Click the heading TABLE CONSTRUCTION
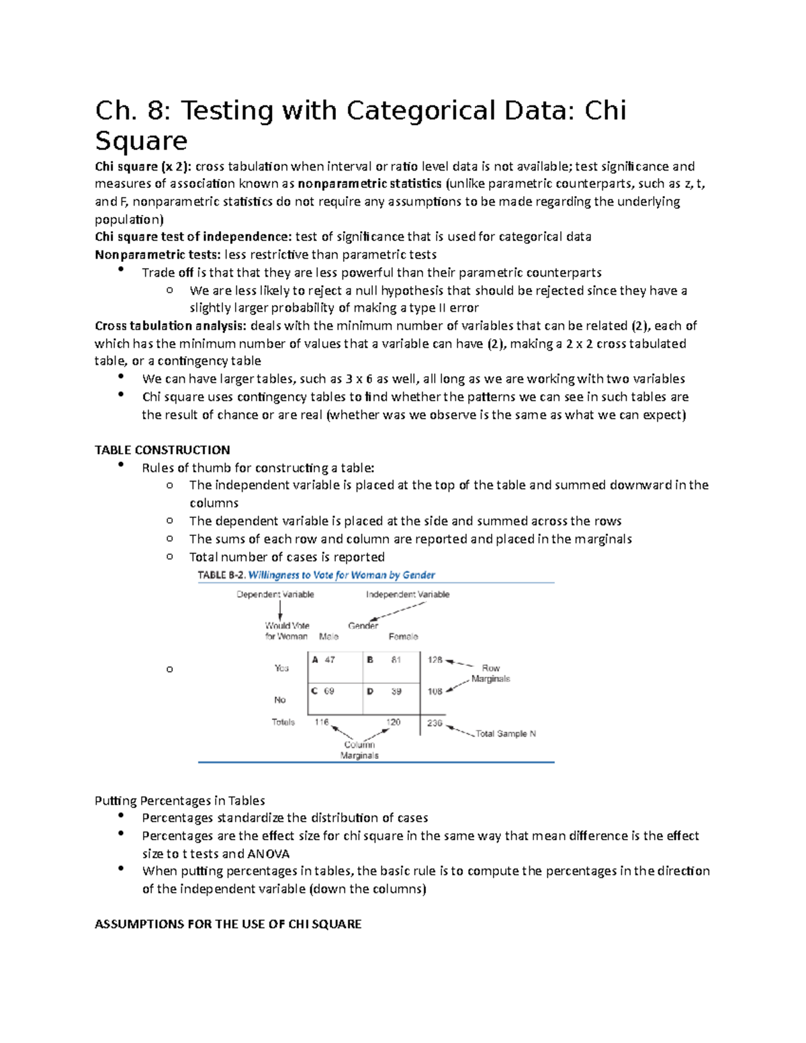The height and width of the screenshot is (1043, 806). tap(162, 450)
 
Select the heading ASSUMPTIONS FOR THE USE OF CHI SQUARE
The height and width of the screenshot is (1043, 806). tap(228, 924)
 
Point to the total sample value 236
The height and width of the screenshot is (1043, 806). tap(435, 723)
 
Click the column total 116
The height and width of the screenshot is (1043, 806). tap(322, 722)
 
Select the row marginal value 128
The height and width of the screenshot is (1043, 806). tap(435, 660)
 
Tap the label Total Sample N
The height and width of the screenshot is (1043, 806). tap(505, 734)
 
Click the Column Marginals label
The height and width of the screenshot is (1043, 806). tap(359, 750)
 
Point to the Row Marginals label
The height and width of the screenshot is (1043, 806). tap(490, 674)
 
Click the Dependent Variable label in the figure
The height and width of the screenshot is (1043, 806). tap(275, 594)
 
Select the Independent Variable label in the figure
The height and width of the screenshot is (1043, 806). tap(407, 594)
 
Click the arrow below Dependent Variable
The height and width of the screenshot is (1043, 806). tap(280, 610)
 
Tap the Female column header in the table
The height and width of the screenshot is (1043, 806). tap(403, 637)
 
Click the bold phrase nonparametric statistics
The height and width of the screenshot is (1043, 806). tap(369, 184)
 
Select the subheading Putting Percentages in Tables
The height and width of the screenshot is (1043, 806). tap(179, 801)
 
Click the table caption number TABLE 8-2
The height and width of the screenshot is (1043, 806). tap(221, 576)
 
